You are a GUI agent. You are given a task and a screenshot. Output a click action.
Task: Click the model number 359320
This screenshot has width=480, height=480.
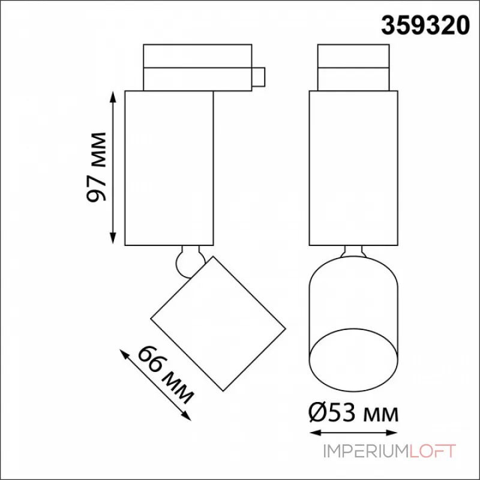tap(425, 26)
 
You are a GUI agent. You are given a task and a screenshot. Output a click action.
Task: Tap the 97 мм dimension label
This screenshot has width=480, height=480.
tap(97, 167)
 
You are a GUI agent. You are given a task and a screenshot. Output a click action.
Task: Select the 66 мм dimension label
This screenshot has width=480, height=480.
tap(166, 374)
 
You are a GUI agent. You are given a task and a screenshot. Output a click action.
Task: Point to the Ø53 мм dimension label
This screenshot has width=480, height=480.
tap(353, 413)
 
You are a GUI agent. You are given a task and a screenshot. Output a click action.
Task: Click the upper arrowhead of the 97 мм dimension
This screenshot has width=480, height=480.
tap(113, 97)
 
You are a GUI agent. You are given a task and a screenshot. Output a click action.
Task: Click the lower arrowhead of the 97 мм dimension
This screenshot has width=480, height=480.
tap(113, 238)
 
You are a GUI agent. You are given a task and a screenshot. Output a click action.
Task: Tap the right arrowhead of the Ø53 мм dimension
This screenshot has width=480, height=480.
tap(392, 433)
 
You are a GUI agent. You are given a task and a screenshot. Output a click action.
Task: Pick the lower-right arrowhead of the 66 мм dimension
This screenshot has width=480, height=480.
tap(187, 416)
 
